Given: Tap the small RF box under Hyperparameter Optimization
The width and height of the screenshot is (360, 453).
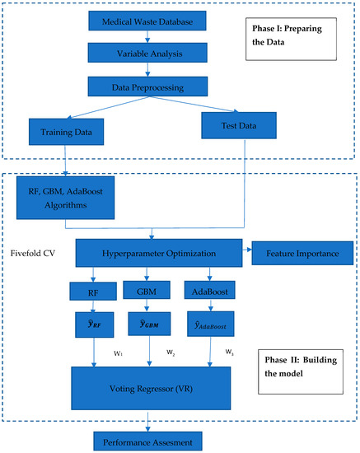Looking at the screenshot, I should [93, 291].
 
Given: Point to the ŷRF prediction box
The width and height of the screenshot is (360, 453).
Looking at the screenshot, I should [93, 323].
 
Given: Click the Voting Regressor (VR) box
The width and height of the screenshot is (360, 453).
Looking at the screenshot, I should [149, 386].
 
